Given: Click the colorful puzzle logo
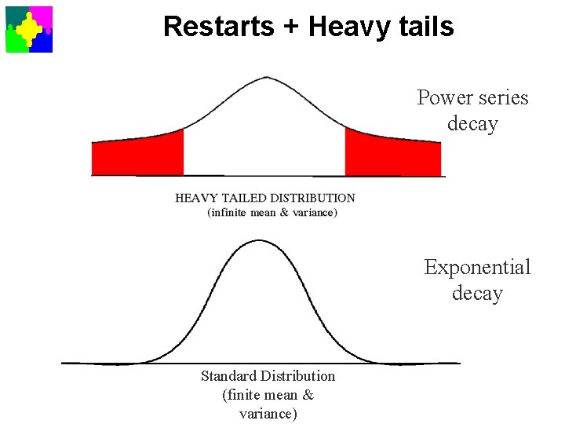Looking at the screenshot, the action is coord(29,29).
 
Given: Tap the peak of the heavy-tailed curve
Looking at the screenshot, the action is coord(267,77).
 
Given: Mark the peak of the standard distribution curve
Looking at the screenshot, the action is coord(259,241).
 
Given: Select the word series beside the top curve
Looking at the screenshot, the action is coord(502,98).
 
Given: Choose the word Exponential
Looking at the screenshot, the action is coord(477,268).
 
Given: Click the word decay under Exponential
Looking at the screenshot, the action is coord(477,294).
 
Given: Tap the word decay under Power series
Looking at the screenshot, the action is coord(472,124).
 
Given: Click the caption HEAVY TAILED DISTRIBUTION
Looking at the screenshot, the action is coord(265,198).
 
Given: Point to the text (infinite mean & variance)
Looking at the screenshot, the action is coord(272,212).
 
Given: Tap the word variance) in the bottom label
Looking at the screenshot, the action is coord(268,414).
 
